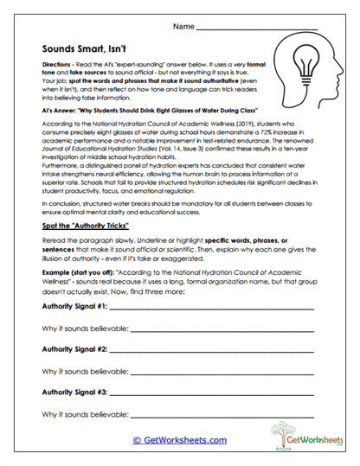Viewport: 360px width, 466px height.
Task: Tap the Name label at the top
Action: (183, 28)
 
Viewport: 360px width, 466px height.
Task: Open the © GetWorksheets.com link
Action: (179, 440)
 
